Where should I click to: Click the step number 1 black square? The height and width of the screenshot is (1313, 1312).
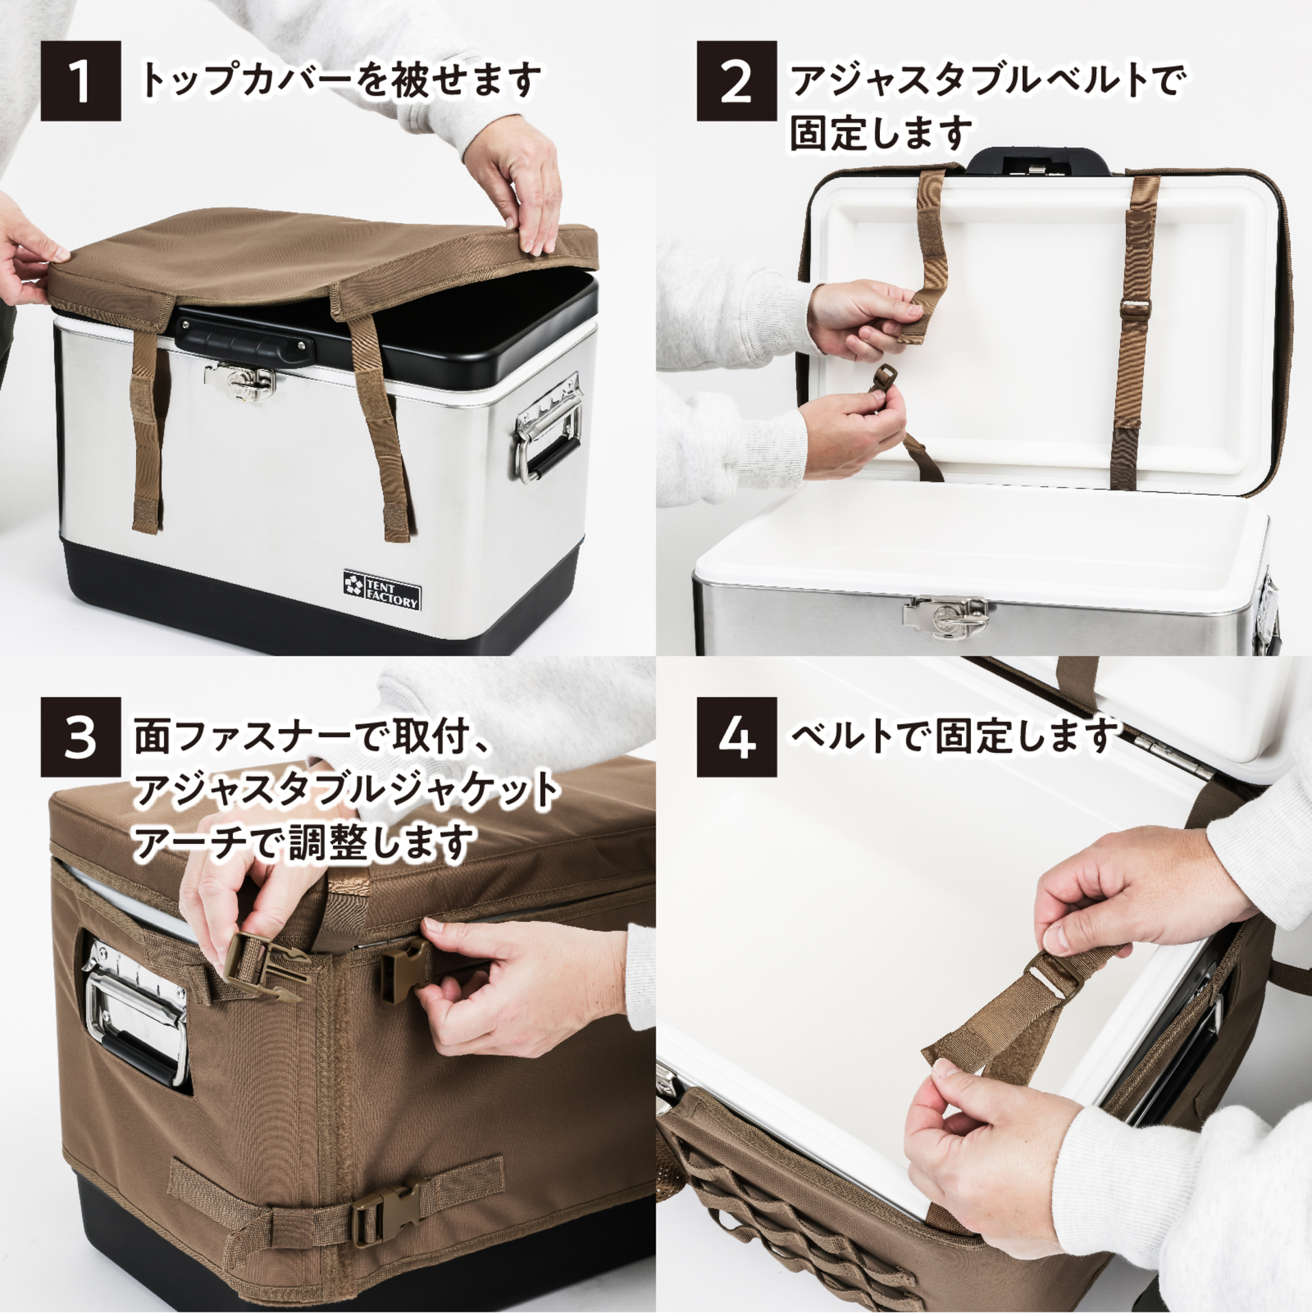[81, 81]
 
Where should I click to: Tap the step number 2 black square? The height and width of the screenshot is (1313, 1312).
[736, 81]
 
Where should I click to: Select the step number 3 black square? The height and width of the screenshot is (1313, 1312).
[81, 737]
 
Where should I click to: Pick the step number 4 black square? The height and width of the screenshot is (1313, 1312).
[736, 737]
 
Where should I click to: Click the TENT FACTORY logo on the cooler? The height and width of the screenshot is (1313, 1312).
[381, 588]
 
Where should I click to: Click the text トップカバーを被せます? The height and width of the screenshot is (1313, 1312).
[340, 81]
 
